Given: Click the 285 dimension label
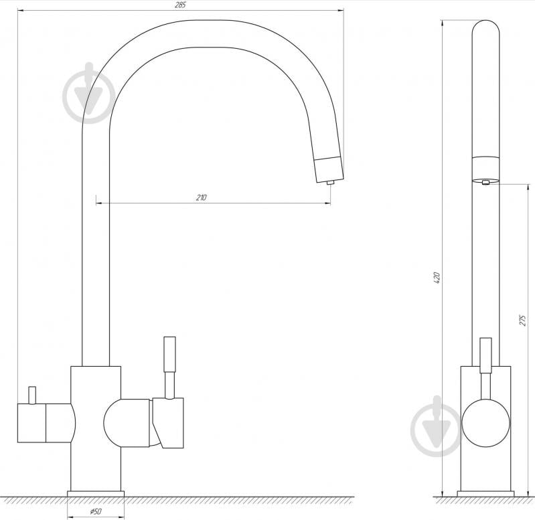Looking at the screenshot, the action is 180,5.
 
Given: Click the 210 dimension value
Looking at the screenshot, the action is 202,197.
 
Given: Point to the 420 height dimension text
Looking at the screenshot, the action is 437,278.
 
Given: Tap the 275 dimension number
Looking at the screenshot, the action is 523,320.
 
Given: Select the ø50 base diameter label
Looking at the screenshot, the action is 96,511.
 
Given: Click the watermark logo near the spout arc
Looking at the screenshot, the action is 89,93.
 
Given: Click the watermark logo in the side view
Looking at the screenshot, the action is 437,426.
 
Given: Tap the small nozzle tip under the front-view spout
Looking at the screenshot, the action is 330,183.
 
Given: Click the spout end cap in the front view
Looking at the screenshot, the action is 329,169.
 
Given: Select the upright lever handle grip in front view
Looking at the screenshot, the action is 169,354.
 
